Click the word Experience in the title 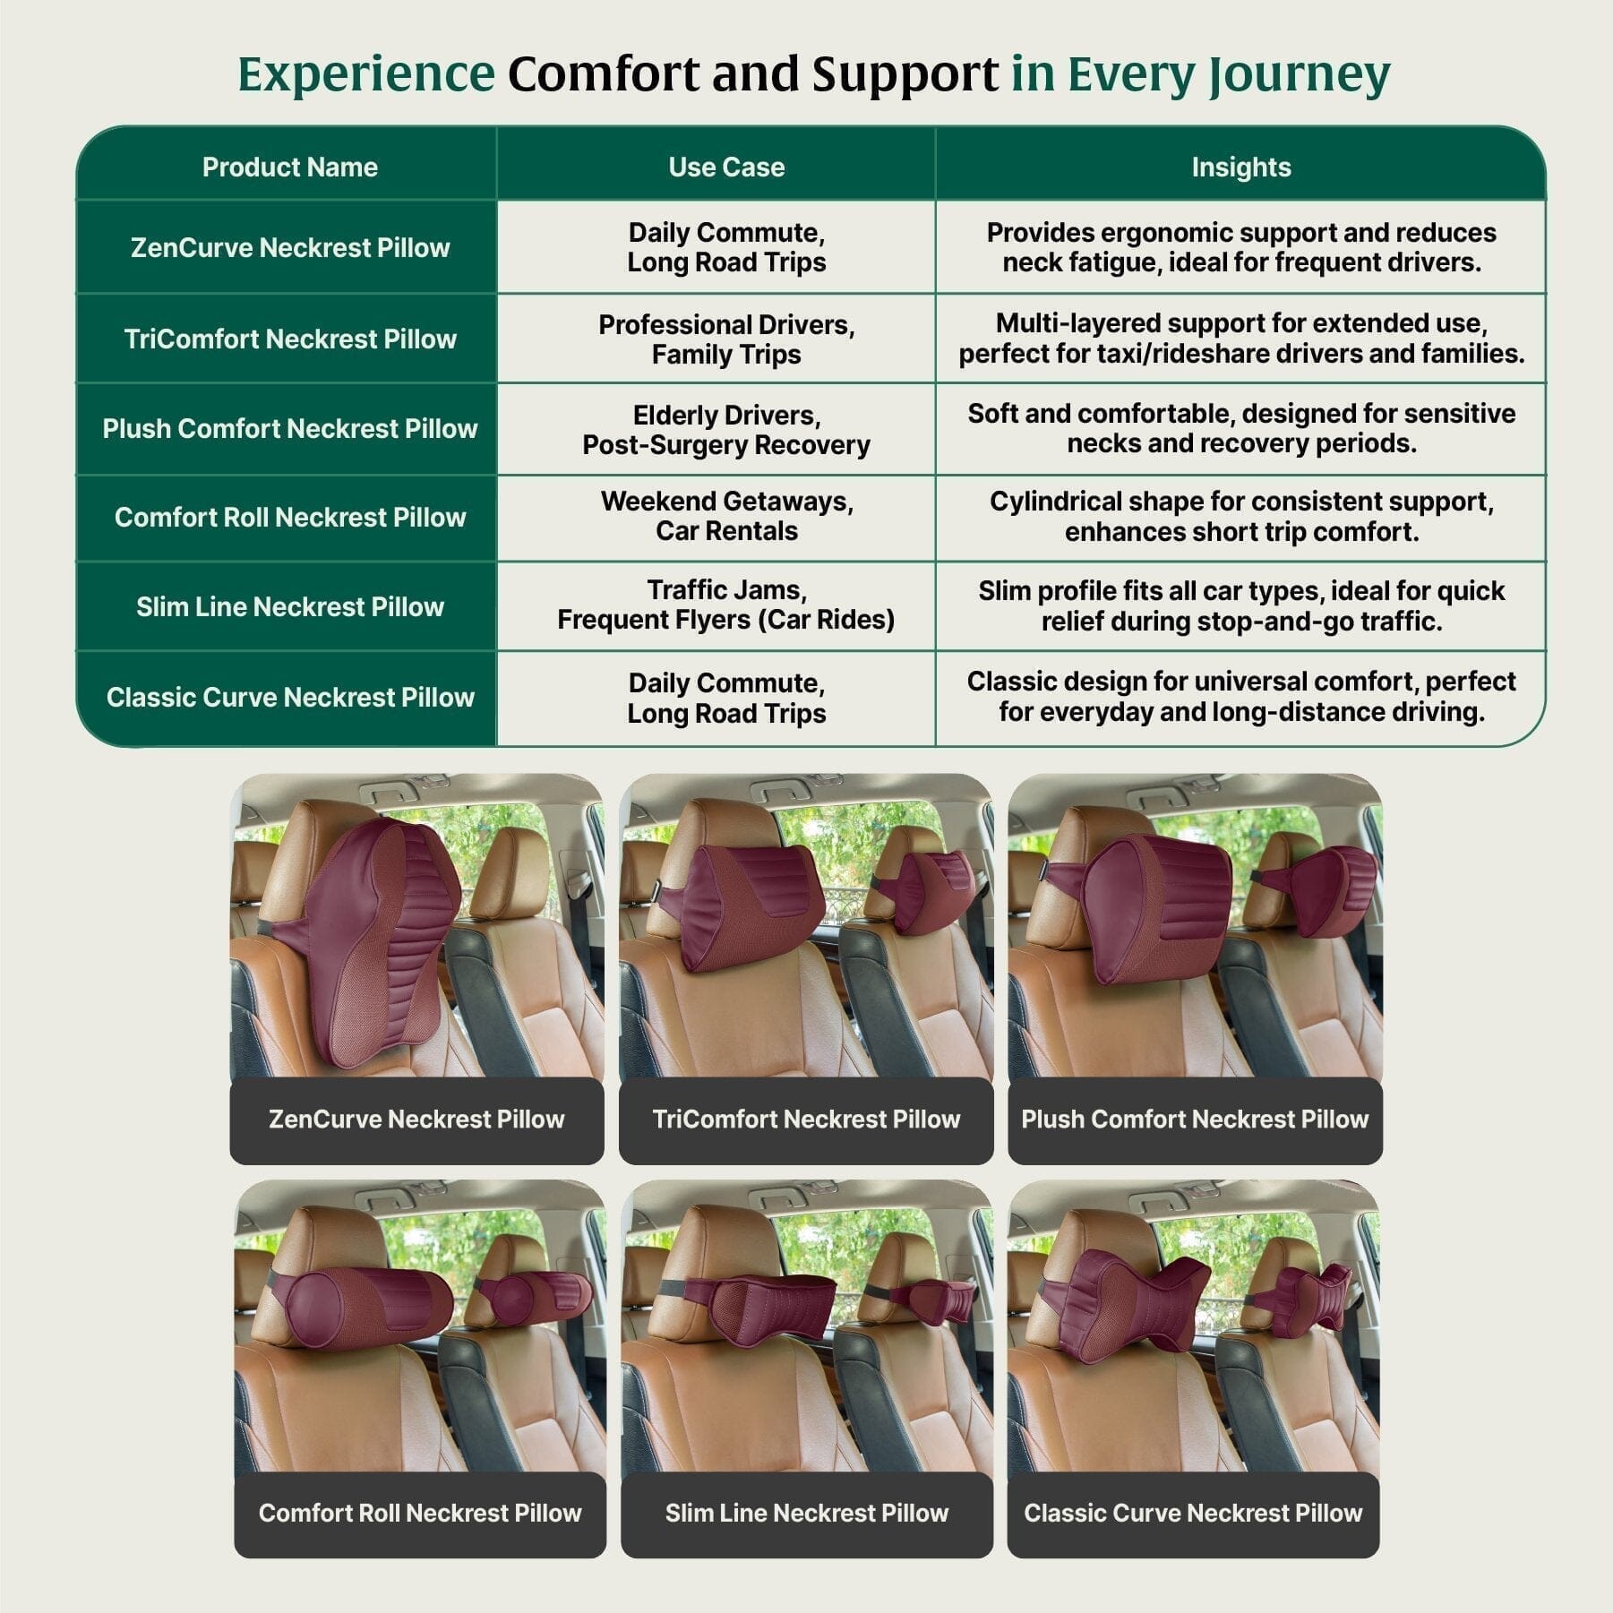coord(365,73)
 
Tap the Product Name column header coord(289,167)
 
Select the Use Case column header coord(725,167)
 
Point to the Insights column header coord(1240,167)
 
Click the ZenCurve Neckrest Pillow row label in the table coord(289,248)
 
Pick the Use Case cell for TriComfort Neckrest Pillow coord(725,339)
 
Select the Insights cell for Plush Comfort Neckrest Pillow coord(1240,428)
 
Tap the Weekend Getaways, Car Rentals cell coord(725,516)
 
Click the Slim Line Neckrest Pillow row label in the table coord(289,607)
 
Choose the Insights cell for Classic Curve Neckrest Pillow coord(1240,697)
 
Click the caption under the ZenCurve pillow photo coord(416,1120)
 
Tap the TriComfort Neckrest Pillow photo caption coord(806,1120)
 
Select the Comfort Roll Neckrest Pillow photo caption coord(419,1513)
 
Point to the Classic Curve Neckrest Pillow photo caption coord(1193,1513)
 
